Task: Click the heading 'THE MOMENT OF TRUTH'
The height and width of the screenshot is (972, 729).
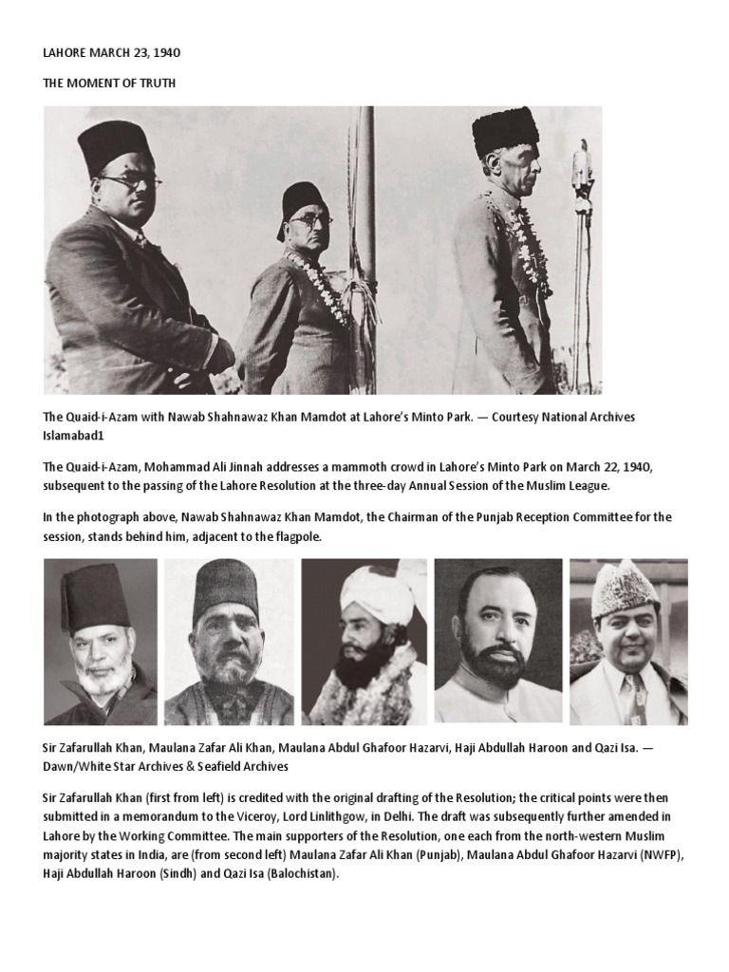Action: click(109, 84)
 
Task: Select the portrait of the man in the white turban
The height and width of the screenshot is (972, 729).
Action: click(364, 642)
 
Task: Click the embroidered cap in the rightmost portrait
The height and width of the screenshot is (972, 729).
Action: click(626, 589)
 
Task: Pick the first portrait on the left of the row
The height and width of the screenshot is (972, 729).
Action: click(101, 642)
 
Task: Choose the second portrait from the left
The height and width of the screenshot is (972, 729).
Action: click(230, 642)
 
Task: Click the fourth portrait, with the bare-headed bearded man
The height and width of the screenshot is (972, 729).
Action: click(498, 642)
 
